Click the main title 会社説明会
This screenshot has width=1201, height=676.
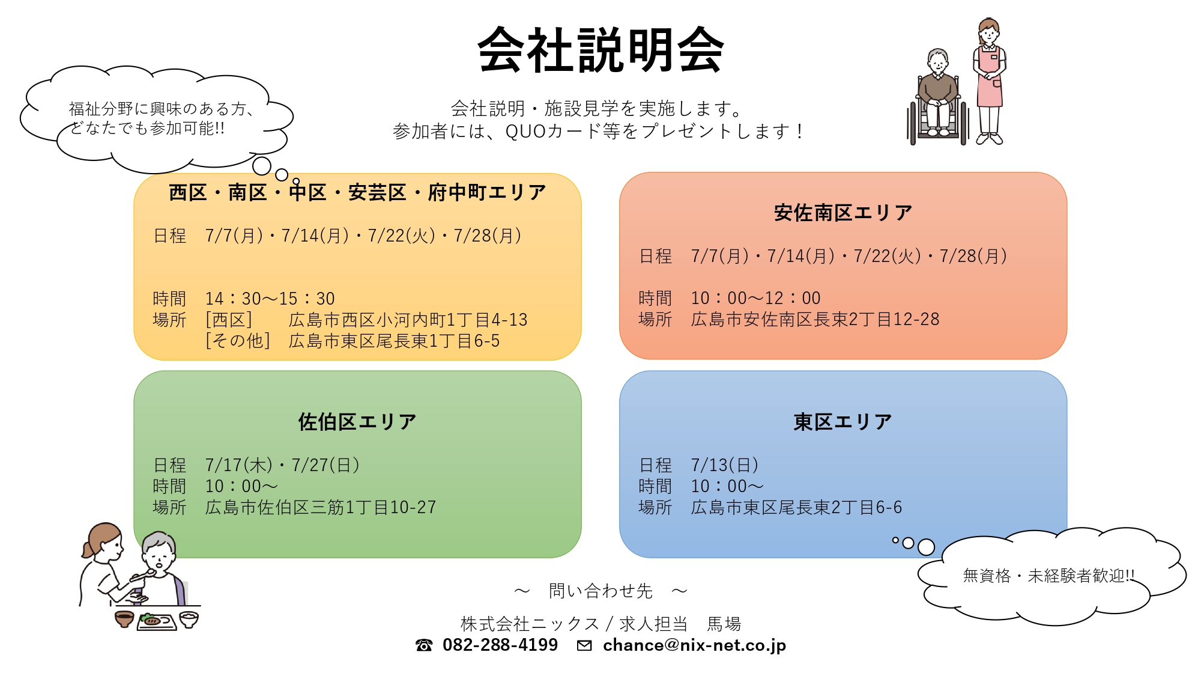tap(600, 50)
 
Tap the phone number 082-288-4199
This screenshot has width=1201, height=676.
tap(500, 645)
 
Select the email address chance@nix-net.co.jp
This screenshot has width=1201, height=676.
tap(694, 645)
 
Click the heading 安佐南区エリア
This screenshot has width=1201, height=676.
tap(843, 213)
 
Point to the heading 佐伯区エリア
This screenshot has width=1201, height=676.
tap(357, 422)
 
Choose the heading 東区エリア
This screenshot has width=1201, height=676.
tap(843, 422)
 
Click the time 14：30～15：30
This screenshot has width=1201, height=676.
tap(270, 299)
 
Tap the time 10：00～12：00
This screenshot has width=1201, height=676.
tap(755, 298)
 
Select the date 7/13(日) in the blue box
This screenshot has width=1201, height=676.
tap(725, 465)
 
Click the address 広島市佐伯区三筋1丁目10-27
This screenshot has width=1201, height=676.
tap(321, 508)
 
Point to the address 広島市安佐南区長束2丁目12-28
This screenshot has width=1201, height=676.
tap(815, 320)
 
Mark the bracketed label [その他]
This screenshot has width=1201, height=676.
tap(238, 341)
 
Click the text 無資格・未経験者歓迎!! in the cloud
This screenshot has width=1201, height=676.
tap(1048, 576)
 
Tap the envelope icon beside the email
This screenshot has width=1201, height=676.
tap(584, 645)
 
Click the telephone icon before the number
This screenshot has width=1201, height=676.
tap(424, 645)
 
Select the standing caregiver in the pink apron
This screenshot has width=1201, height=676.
tap(989, 82)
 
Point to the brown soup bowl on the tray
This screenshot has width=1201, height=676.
tap(124, 619)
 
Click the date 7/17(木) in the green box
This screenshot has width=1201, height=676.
tap(239, 465)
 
